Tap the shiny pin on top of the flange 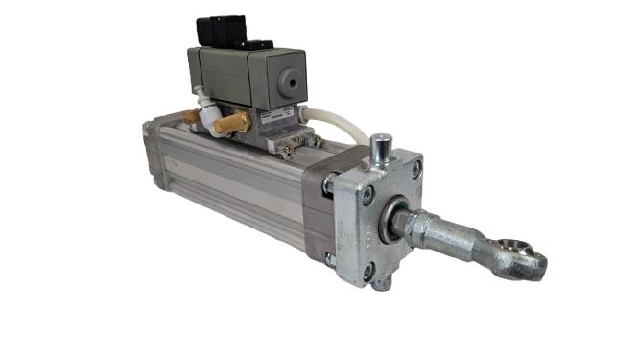coord(379,151)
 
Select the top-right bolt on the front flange coord(415,170)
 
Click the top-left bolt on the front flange coord(367,196)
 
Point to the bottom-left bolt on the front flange coord(369,272)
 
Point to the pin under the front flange coord(382,283)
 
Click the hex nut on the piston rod coord(409,229)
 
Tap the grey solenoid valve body coord(240,77)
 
